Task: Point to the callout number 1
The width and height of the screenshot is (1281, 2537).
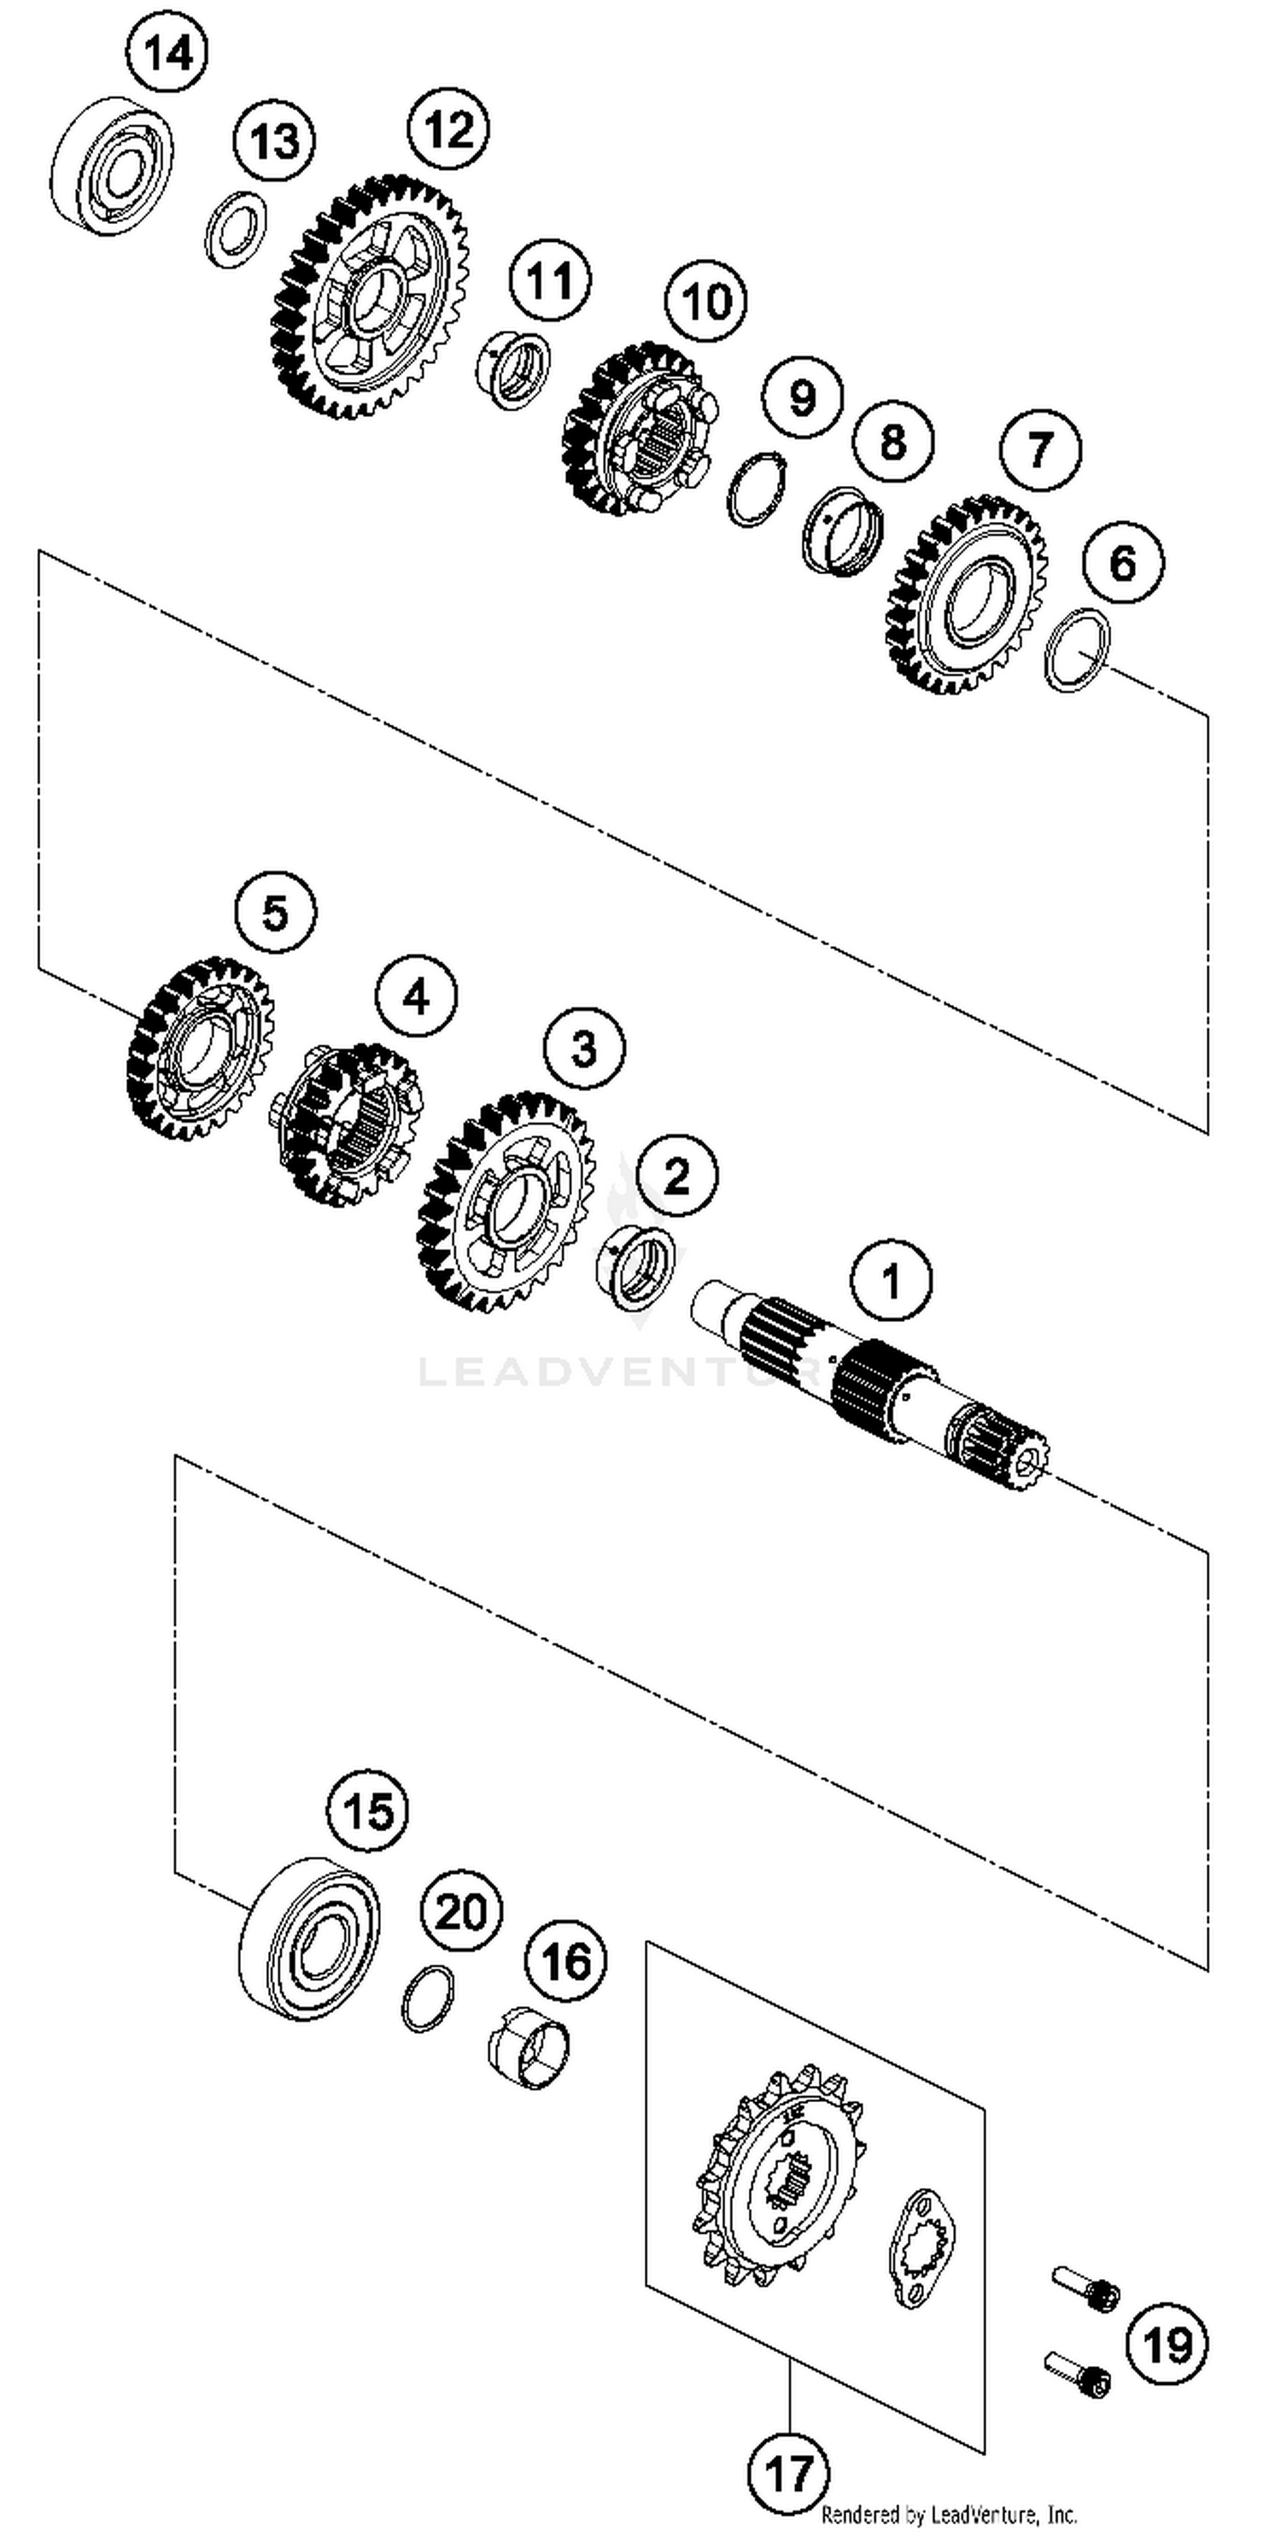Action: (891, 1281)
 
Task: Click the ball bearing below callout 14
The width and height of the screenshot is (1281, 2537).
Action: (111, 166)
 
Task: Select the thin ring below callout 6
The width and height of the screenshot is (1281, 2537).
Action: (1077, 650)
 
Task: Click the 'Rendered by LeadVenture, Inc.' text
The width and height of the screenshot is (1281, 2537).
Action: (949, 2514)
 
